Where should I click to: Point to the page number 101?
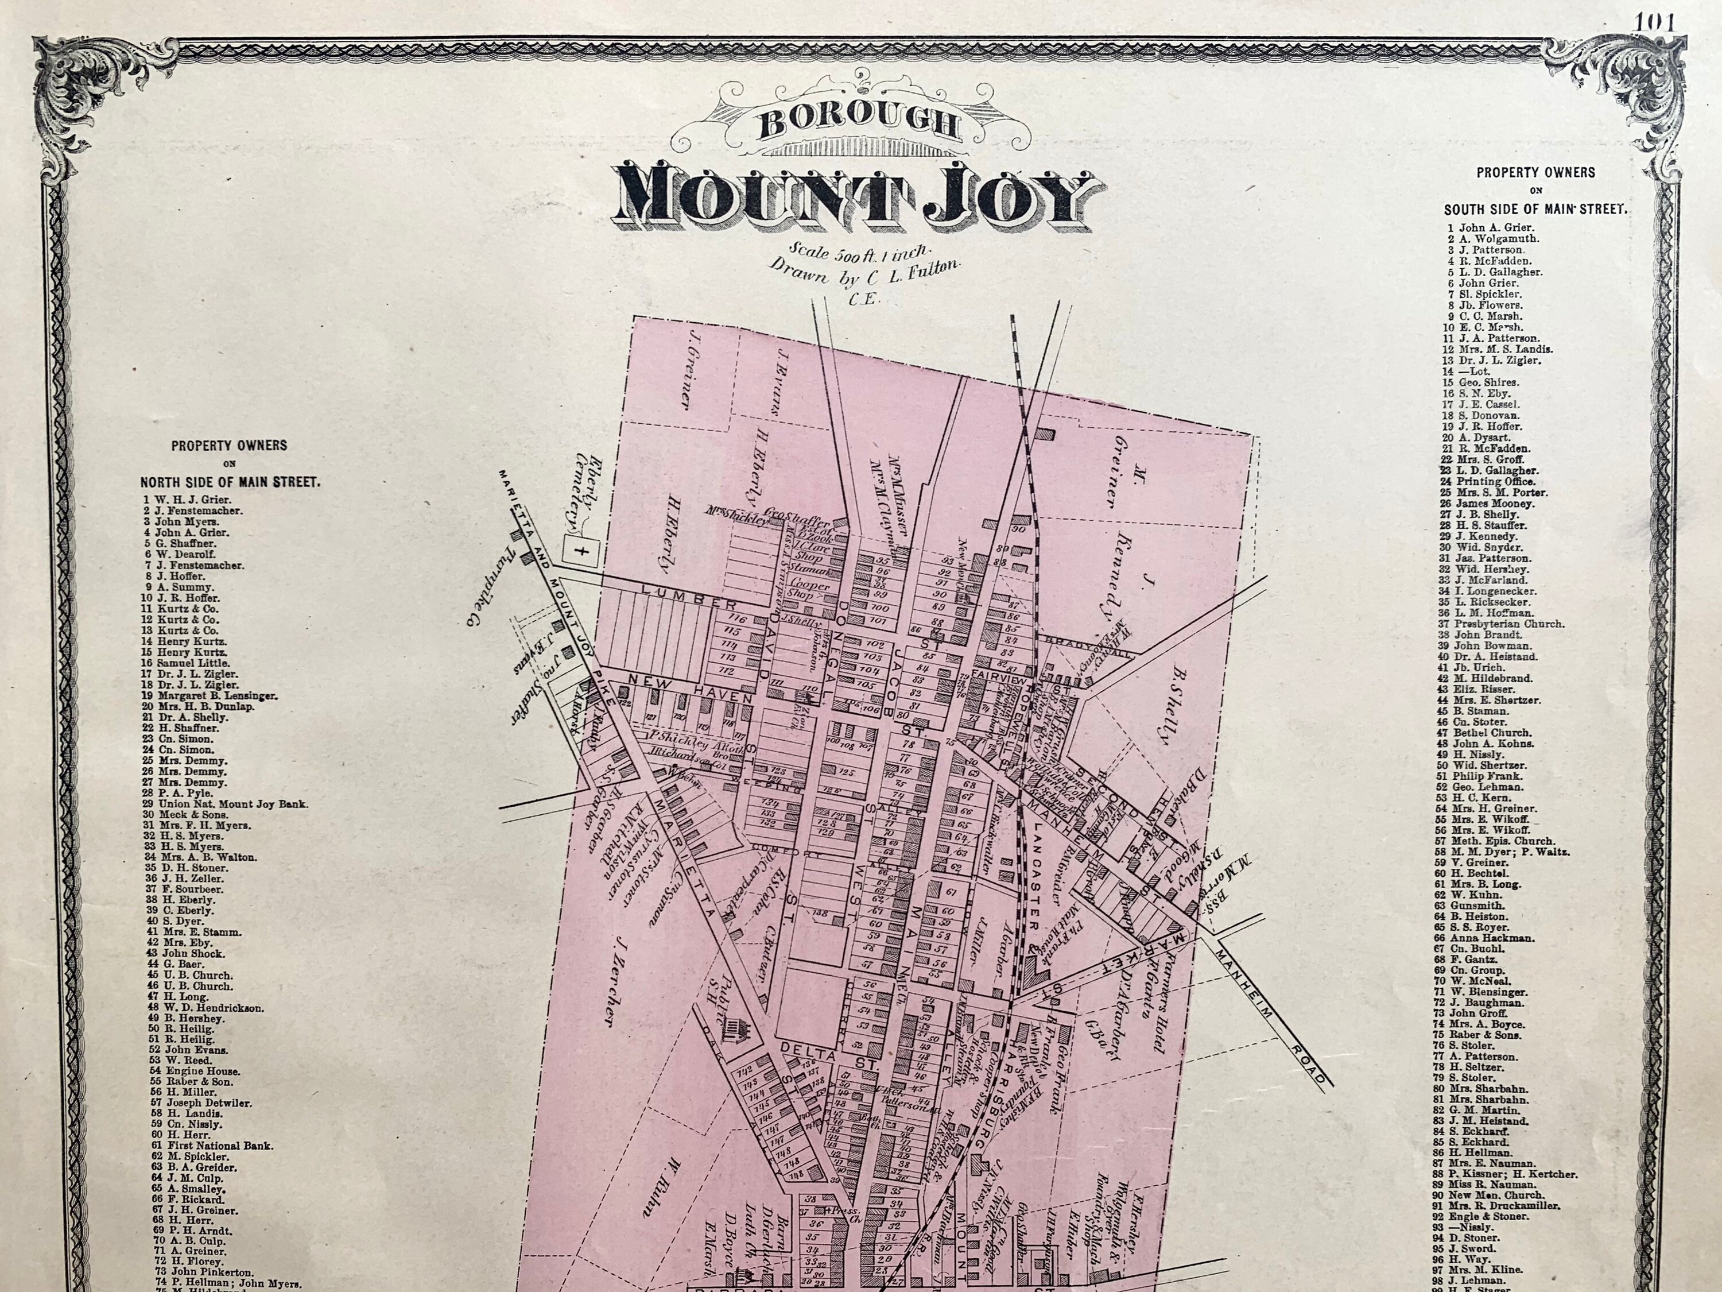coord(1654,22)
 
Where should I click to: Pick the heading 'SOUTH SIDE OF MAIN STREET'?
coord(1535,210)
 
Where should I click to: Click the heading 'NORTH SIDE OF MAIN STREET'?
coord(230,482)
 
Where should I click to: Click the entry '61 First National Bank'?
coord(207,1146)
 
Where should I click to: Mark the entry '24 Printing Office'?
coord(1495,481)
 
